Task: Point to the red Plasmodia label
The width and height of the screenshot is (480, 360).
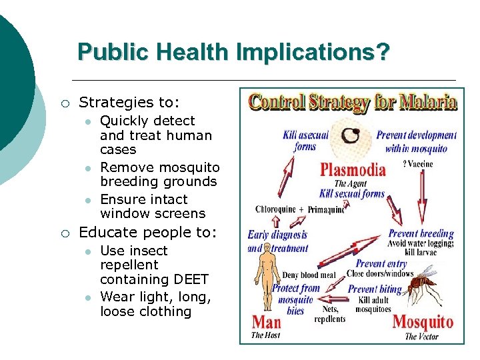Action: click(353, 169)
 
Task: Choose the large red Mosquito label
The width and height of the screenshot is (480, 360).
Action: click(423, 322)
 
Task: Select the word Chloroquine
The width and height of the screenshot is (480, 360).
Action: click(276, 209)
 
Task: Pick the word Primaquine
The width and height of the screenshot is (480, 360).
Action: click(327, 209)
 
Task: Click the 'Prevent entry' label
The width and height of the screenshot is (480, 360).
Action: click(380, 264)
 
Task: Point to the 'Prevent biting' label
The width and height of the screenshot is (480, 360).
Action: click(375, 289)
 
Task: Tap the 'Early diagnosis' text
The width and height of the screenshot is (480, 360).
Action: click(277, 235)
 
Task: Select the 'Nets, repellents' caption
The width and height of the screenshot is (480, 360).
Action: click(329, 314)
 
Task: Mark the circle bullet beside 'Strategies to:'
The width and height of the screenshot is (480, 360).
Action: click(64, 103)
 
